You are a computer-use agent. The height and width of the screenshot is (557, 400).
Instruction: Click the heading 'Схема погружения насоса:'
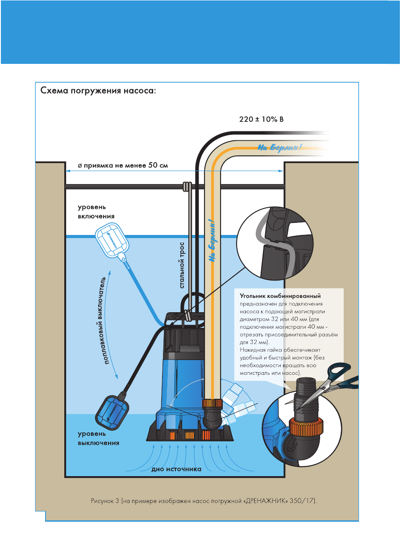[x=98, y=91]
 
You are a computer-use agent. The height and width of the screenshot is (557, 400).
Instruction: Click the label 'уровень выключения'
[x=99, y=438]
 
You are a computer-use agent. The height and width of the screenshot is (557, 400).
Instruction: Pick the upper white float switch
[x=112, y=241]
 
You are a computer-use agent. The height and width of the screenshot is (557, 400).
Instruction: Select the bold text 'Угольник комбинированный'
[x=280, y=296]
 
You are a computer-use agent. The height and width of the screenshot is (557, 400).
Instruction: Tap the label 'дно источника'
[x=176, y=469]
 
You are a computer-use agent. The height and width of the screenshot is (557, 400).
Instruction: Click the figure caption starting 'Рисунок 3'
[x=201, y=501]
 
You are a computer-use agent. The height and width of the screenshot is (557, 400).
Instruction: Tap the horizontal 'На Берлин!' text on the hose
[x=280, y=147]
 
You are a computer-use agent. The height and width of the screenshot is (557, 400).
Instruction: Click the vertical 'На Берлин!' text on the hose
[x=214, y=241]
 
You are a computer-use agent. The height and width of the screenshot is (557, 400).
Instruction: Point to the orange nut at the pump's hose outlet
[x=212, y=403]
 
